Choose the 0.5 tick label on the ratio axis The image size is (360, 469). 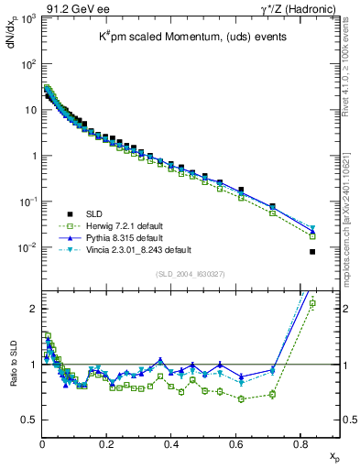coord(29,420)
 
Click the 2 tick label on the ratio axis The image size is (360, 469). coord(33,309)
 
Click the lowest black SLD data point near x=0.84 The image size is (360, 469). coord(312,252)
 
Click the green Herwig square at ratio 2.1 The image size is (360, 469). coord(312,303)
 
